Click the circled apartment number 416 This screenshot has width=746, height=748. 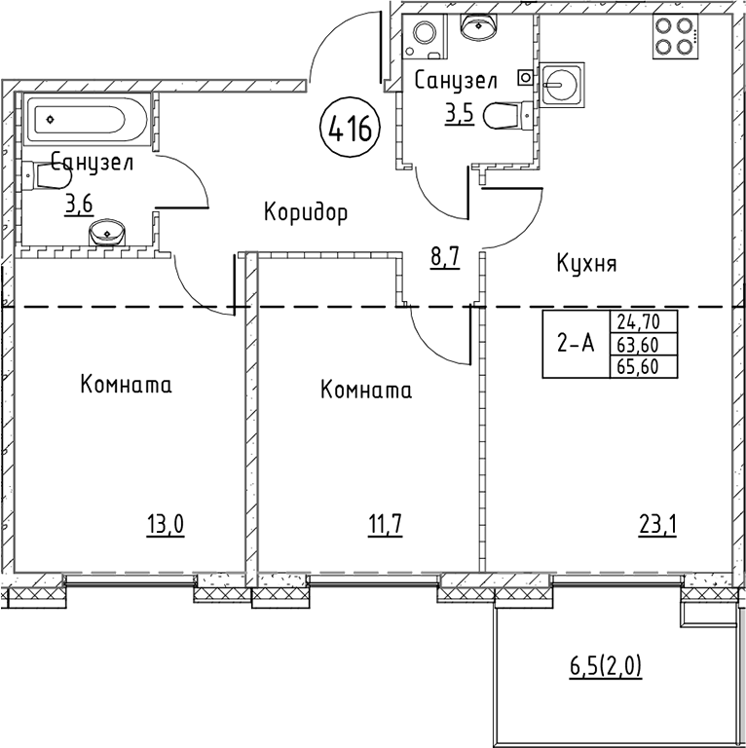(349, 128)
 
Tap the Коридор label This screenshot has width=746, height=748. (306, 211)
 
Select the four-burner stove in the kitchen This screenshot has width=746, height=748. (672, 37)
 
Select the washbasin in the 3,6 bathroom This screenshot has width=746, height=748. (106, 233)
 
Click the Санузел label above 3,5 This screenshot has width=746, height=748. (456, 82)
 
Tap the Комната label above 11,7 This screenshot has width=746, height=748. (365, 392)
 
